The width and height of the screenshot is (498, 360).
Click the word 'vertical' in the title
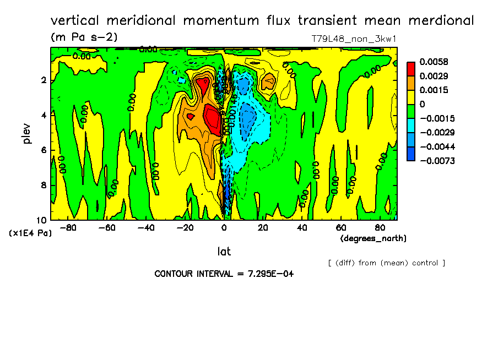tap(74, 21)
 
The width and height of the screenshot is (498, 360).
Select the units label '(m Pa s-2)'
tap(84, 37)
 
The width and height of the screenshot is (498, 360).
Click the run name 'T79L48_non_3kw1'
tap(354, 39)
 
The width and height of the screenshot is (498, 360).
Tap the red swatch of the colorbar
tap(411, 68)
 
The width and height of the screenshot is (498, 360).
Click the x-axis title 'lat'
tap(224, 252)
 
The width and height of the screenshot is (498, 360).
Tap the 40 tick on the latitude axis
tap(302, 227)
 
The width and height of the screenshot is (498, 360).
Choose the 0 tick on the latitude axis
tap(224, 227)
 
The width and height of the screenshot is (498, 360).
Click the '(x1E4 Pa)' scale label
tap(30, 233)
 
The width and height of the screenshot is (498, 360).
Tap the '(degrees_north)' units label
tap(373, 238)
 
